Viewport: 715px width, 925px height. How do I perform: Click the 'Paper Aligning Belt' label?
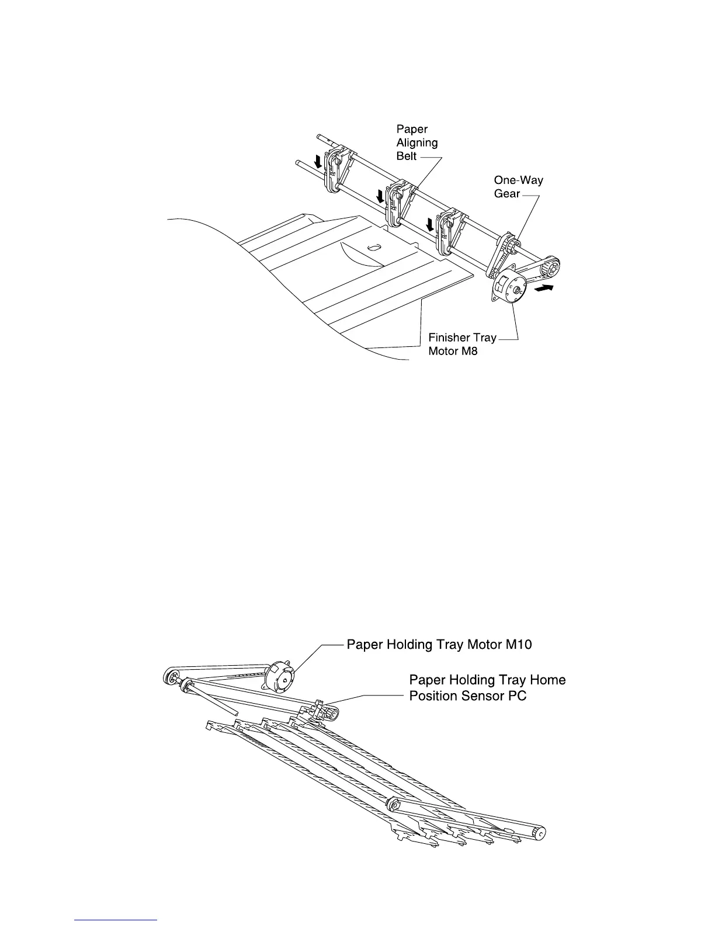click(416, 142)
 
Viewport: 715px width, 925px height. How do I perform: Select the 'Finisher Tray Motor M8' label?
click(462, 345)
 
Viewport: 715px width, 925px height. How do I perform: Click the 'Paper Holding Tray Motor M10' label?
click(439, 645)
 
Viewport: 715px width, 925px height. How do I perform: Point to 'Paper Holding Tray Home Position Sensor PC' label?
click(487, 688)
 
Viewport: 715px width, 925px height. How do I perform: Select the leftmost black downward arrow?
click(318, 161)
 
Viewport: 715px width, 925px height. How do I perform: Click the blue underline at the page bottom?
click(116, 920)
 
